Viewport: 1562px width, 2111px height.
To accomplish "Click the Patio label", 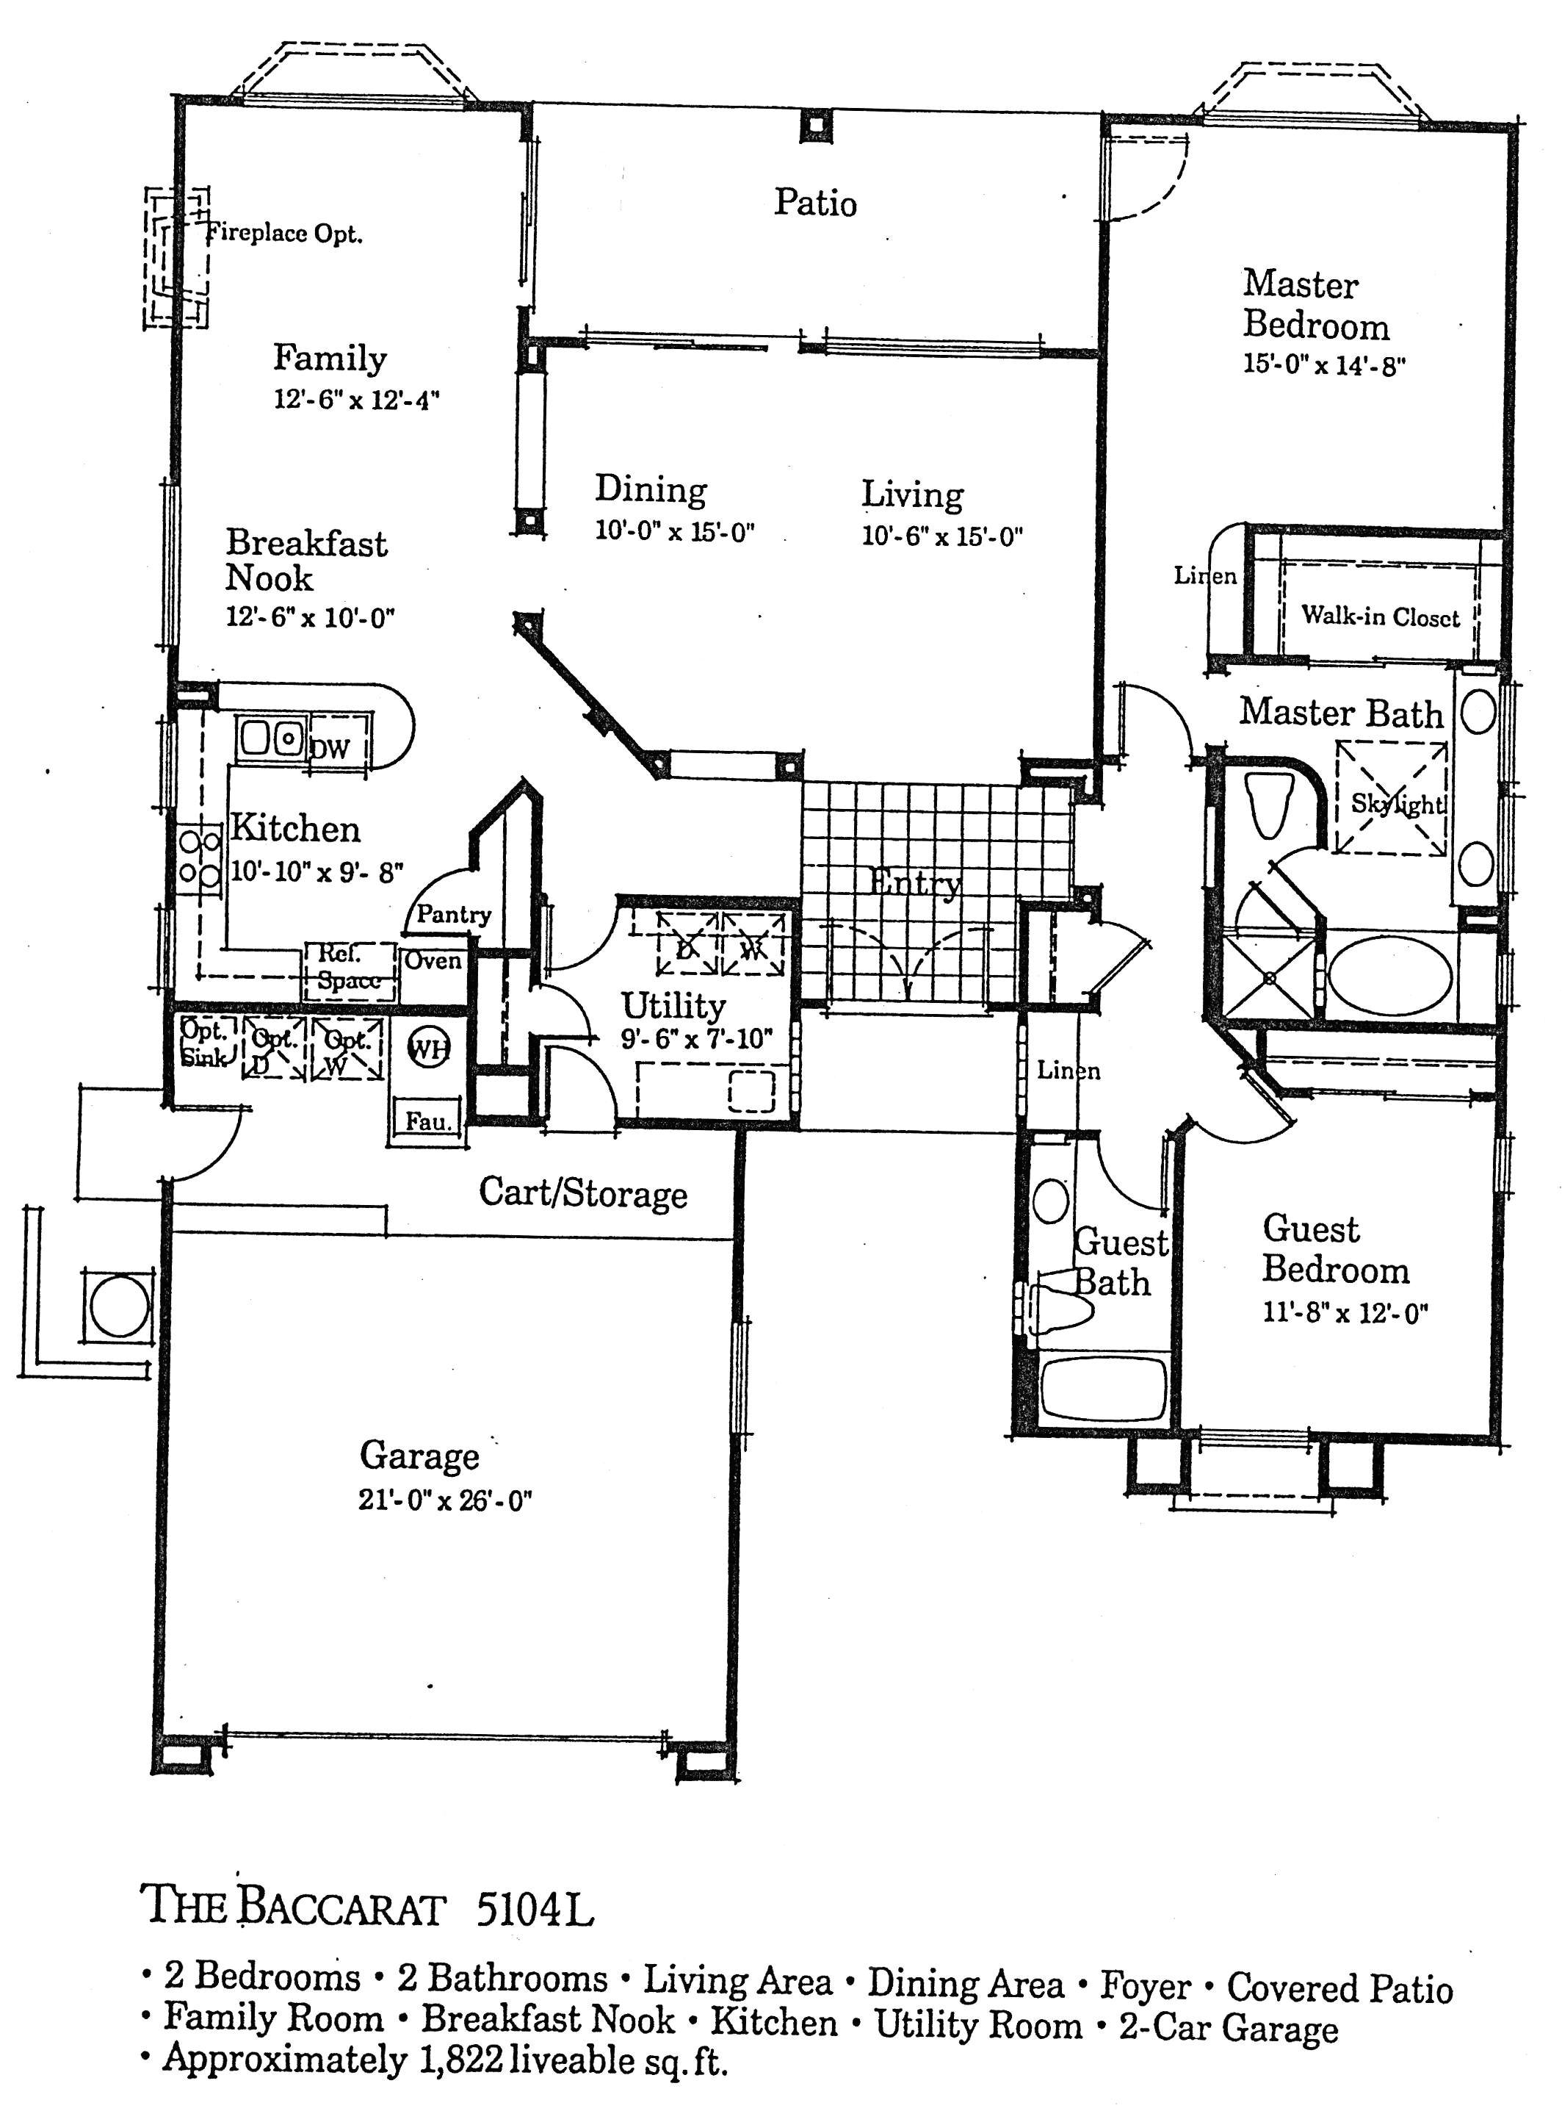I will tap(815, 202).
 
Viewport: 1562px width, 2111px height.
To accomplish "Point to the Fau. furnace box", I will tap(427, 1120).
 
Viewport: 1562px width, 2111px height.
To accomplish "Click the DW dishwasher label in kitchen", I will tap(330, 749).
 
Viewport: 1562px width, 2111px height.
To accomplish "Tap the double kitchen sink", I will tap(272, 737).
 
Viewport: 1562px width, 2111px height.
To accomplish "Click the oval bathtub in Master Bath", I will tap(1389, 975).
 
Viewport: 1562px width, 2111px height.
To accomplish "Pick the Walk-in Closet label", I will tap(1381, 616).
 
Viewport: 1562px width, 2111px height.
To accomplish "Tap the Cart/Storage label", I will tap(582, 1193).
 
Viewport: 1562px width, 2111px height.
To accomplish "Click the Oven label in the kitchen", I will tap(433, 961).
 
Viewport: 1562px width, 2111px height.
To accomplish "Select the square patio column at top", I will tap(815, 126).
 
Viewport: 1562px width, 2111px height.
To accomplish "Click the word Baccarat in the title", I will tap(341, 1907).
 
